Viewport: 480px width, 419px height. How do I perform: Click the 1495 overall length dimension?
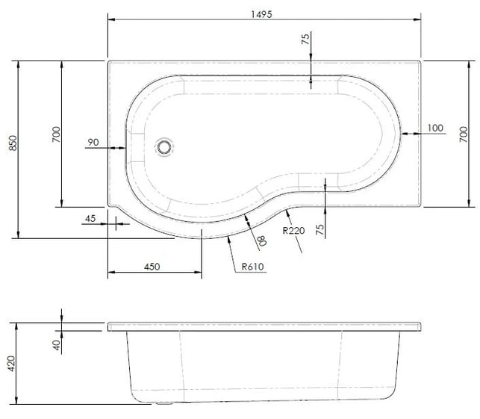(261, 14)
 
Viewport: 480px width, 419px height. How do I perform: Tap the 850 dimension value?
(13, 143)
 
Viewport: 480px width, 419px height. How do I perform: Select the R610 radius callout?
(252, 267)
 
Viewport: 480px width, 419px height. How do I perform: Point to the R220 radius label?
(293, 230)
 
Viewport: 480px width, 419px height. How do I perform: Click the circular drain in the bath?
(164, 147)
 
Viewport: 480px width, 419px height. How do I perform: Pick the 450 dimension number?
(152, 267)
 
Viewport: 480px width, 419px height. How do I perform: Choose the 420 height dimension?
(11, 364)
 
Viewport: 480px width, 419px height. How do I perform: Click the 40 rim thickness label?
(57, 345)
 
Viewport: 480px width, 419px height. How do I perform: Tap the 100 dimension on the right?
(435, 128)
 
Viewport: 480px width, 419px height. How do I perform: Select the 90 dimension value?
(93, 143)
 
